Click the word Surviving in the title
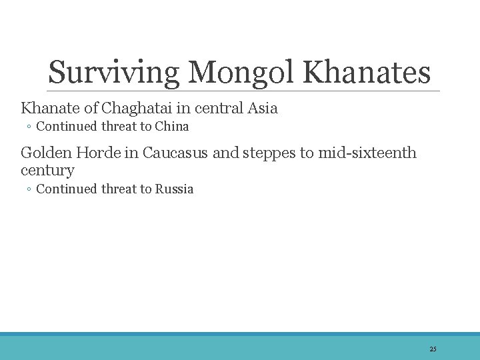[111, 72]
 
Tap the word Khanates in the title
[367, 72]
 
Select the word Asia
[262, 107]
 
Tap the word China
[172, 127]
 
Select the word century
[47, 170]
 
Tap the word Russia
[174, 189]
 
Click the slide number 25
[433, 349]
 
